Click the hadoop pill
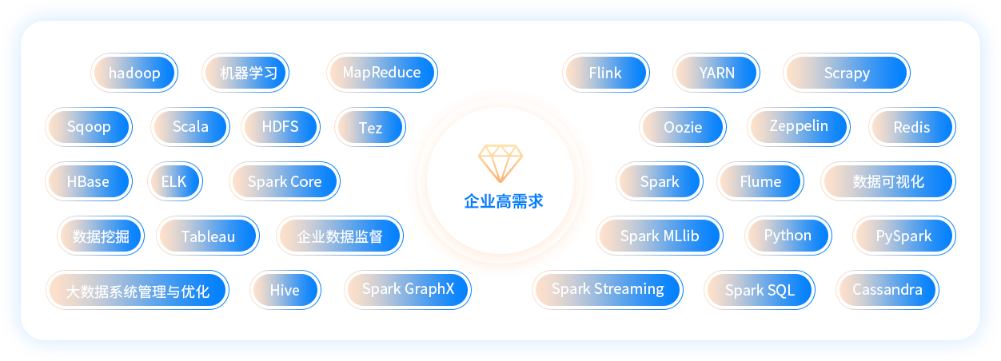point(134,73)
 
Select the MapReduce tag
point(382,73)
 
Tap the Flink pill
point(606,73)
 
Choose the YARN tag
point(716,73)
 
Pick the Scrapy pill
point(847,73)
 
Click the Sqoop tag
point(89,127)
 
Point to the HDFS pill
point(281,127)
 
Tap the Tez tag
point(370,127)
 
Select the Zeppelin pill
point(799,127)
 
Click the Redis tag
point(912,127)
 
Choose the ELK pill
point(175,181)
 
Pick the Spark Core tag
point(285,181)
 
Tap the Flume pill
point(760,181)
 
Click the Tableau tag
point(208,236)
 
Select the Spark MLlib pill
point(660,236)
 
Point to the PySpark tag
point(904,236)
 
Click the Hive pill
point(285,290)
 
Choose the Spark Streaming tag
point(608,290)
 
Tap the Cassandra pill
point(887,290)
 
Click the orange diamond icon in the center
point(500,163)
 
